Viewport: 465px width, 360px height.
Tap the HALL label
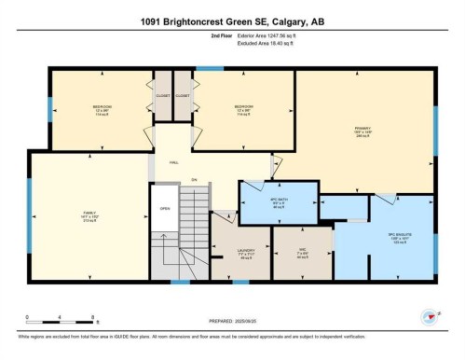point(173,161)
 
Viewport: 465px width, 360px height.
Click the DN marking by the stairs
point(194,179)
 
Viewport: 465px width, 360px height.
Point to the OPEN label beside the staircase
point(165,208)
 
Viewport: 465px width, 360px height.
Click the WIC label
point(302,249)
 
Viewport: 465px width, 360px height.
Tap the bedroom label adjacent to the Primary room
point(243,107)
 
